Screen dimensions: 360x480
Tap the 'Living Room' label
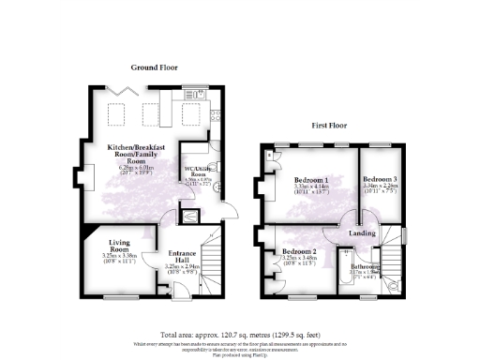pos(118,247)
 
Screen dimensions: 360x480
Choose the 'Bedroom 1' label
pos(310,179)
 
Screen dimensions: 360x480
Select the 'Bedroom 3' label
pos(380,179)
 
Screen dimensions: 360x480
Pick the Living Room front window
pos(118,298)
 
